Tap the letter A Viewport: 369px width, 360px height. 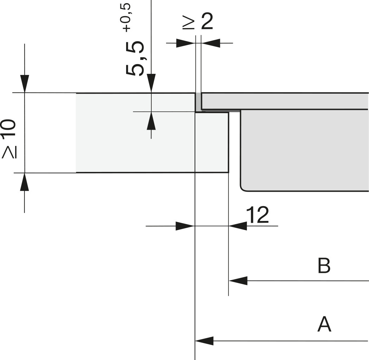pos(324,324)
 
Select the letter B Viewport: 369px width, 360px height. pos(324,266)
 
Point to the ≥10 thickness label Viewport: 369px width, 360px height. pos(9,139)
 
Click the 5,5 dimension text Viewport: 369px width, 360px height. pos(135,58)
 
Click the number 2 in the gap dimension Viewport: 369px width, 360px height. pos(207,21)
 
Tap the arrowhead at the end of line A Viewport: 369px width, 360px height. pos(204,341)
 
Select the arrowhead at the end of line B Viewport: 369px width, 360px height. pos(238,281)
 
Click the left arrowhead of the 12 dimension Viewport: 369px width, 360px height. pos(185,226)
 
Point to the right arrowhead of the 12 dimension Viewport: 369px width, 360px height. pos(238,226)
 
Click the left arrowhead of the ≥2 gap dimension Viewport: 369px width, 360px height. pos(186,43)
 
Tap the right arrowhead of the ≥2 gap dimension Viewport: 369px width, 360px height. pos(211,43)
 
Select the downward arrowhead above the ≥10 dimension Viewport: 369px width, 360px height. pos(25,84)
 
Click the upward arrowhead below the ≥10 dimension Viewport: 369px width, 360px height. pos(25,182)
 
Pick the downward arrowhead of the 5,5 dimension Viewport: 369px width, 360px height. pos(151,83)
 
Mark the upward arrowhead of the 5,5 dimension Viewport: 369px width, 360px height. pos(151,121)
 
